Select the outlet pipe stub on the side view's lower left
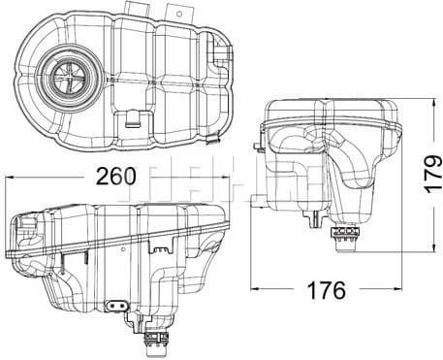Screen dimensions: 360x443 click(258, 201)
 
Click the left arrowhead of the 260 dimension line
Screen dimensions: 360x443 click(10, 179)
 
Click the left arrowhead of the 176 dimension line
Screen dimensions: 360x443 click(255, 290)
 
